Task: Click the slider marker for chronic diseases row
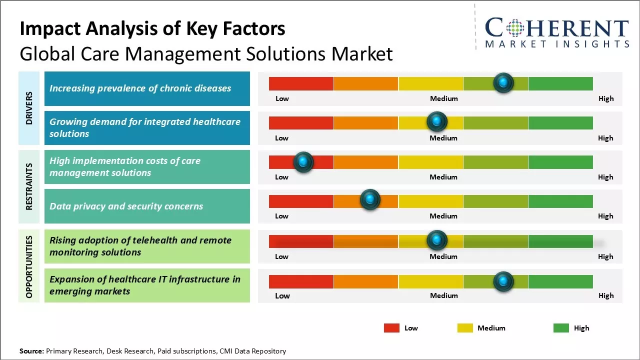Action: point(503,82)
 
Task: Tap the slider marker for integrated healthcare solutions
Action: point(437,121)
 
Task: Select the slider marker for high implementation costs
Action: point(303,161)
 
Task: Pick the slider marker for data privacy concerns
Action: point(370,199)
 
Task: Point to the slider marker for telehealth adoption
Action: point(437,240)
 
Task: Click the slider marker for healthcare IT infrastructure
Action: point(503,281)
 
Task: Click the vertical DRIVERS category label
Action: point(29,108)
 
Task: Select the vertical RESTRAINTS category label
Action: point(29,186)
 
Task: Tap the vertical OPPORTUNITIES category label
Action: point(29,266)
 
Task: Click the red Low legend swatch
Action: point(391,328)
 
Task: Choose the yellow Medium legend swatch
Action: point(465,328)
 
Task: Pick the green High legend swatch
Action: point(561,328)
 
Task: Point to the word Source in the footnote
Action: point(31,351)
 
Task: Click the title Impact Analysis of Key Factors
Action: point(152,29)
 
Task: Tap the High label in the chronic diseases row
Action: point(606,98)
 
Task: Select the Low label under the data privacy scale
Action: point(281,216)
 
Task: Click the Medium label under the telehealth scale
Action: point(443,256)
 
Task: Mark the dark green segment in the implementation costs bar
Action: point(560,162)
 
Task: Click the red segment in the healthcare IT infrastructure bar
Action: point(301,281)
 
